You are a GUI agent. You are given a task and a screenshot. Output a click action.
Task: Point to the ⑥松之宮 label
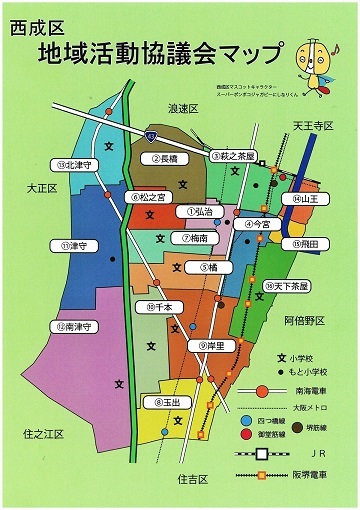[149, 197]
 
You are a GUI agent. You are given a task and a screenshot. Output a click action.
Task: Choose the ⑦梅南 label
[200, 238]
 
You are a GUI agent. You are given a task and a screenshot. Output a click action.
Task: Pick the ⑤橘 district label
[207, 267]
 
